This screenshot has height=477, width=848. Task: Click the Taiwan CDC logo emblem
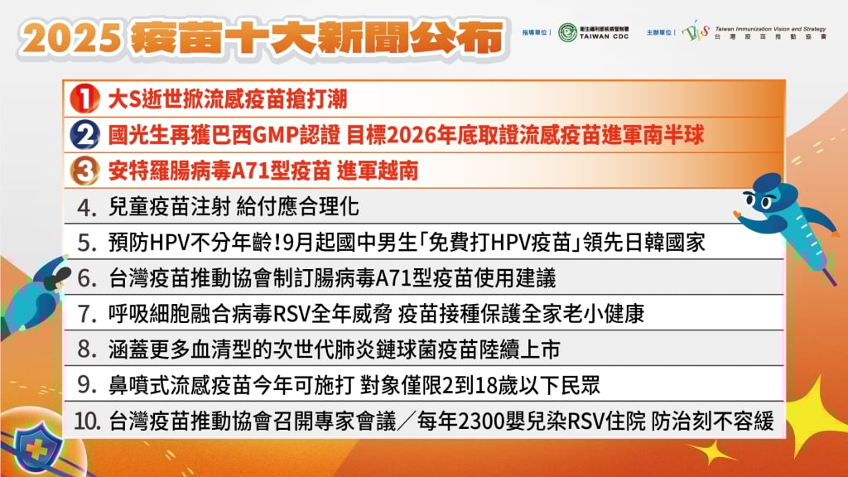(x=568, y=32)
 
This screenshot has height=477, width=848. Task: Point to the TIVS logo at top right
(x=696, y=32)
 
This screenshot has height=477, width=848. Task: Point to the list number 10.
(x=86, y=421)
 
